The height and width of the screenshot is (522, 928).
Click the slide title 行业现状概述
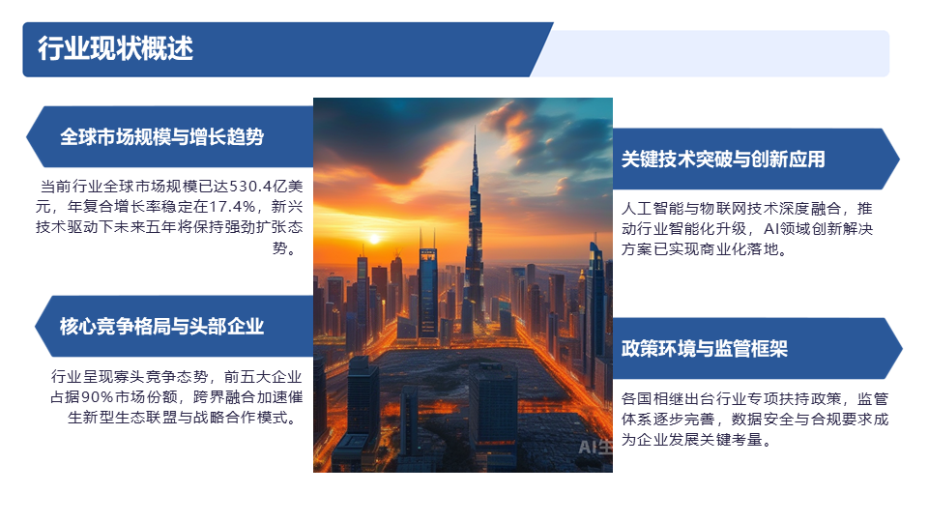(115, 48)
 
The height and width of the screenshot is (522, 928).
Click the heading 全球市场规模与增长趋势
(161, 136)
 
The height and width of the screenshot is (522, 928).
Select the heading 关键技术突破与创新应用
(723, 159)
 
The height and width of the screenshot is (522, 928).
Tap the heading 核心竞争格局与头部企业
(161, 326)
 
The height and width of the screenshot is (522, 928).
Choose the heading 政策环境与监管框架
(705, 349)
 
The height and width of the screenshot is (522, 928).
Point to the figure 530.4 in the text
(250, 187)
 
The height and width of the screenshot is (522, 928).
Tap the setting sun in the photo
(373, 239)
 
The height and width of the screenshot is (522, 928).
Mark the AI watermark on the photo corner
(594, 447)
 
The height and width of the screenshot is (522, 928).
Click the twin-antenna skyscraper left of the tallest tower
(428, 290)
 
